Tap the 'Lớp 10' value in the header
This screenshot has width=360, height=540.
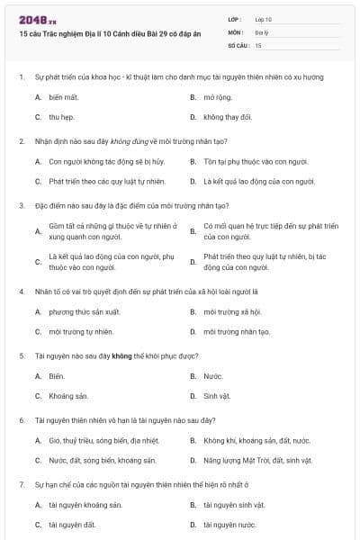tap(264, 19)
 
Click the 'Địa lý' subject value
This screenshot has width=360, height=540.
tap(262, 31)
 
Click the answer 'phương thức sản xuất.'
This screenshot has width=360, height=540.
tap(84, 312)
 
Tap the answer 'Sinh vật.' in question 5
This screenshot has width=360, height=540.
tap(217, 396)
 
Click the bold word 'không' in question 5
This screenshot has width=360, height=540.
tap(121, 355)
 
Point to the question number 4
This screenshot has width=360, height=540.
tap(21, 292)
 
